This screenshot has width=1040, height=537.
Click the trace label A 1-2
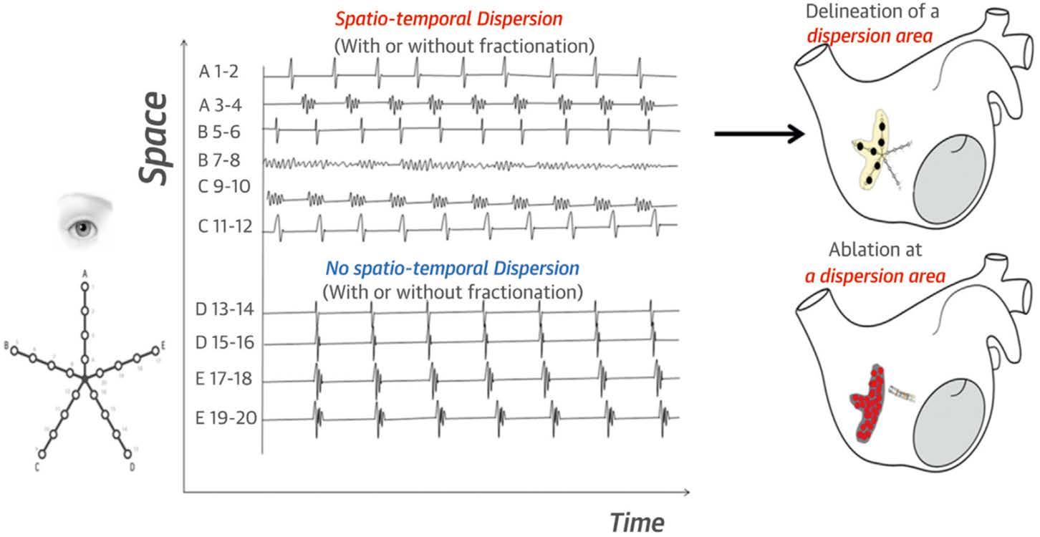pos(222,72)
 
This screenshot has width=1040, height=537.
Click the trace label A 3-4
pos(222,105)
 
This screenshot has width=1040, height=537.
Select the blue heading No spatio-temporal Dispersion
pos(452,269)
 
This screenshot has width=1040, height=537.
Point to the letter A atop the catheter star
pos(85,274)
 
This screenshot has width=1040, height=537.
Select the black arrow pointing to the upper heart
pos(756,134)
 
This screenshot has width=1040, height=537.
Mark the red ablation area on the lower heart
pos(868,405)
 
